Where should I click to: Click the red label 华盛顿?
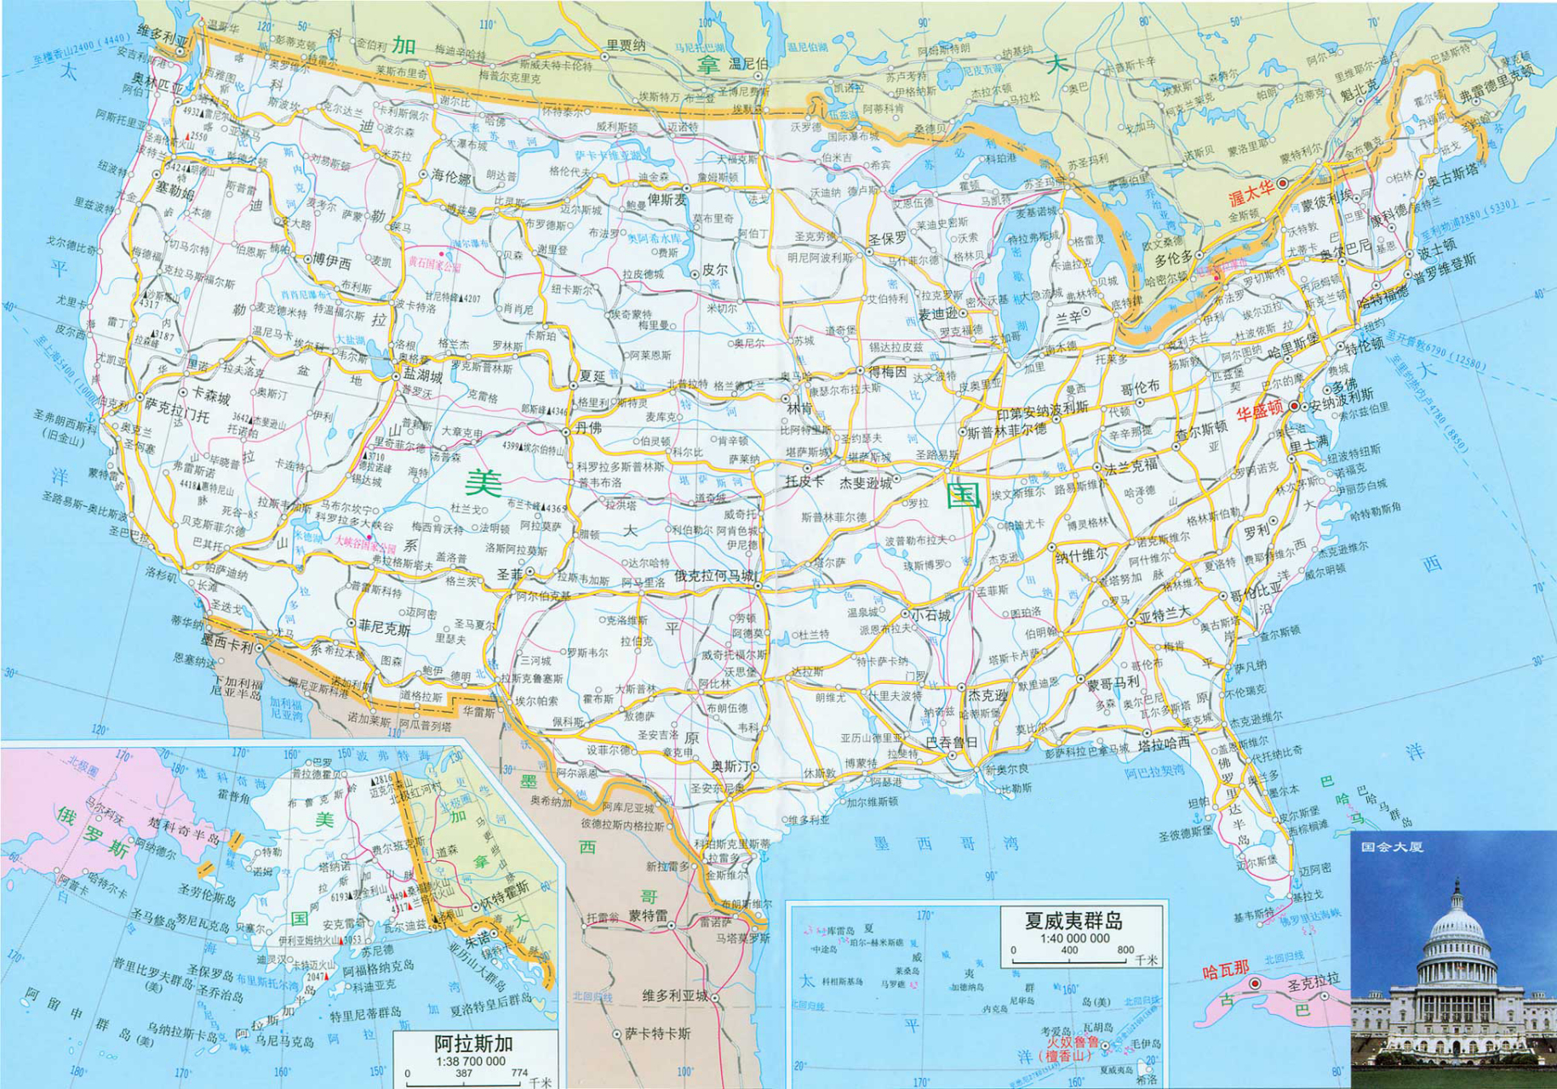pyautogui.click(x=1261, y=413)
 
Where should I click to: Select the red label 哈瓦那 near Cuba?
pyautogui.click(x=1225, y=970)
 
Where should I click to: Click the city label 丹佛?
pyautogui.click(x=587, y=428)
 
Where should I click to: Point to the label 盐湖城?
pyautogui.click(x=422, y=376)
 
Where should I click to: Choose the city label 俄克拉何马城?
pyautogui.click(x=714, y=575)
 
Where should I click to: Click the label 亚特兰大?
pyautogui.click(x=1165, y=616)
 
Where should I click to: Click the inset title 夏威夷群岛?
pyautogui.click(x=1073, y=921)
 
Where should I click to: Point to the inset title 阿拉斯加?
pyautogui.click(x=473, y=1044)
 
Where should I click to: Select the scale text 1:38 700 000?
pyautogui.click(x=470, y=1061)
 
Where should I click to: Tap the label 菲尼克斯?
pyautogui.click(x=384, y=628)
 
